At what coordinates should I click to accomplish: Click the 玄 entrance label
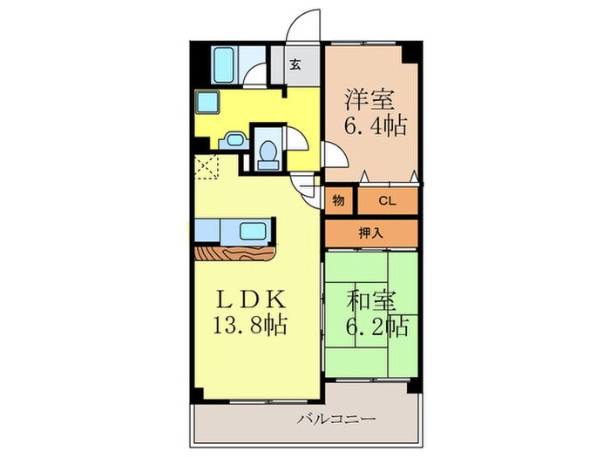click(295, 64)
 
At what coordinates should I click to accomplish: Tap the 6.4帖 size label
click(370, 126)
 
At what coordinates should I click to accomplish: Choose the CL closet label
click(387, 201)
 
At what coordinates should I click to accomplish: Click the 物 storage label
click(338, 201)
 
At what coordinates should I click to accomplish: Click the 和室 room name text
click(372, 302)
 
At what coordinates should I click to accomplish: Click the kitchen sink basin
click(254, 232)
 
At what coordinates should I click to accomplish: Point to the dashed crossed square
click(210, 166)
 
